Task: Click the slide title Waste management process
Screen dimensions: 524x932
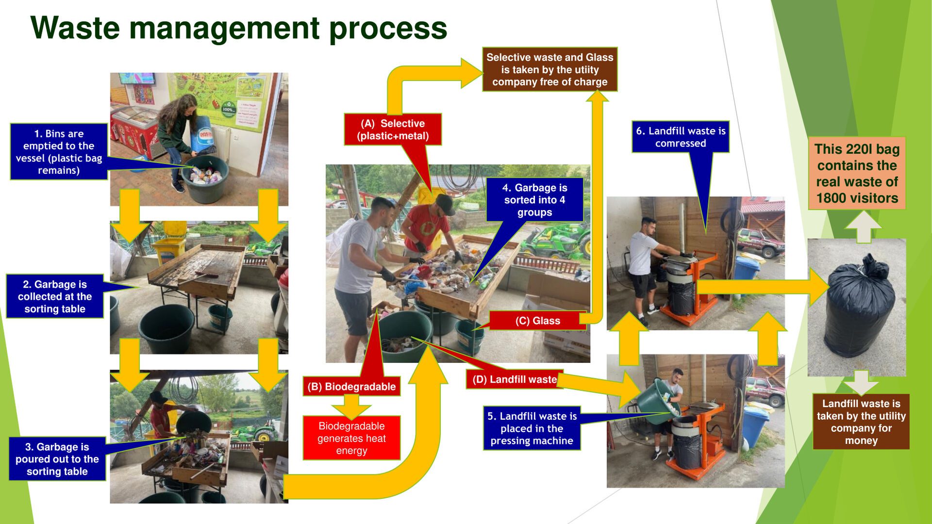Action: pyautogui.click(x=238, y=28)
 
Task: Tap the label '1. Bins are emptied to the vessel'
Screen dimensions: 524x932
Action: pyautogui.click(x=59, y=152)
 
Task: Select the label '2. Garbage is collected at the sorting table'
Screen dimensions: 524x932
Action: pyautogui.click(x=55, y=296)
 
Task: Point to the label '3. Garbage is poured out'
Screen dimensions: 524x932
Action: pyautogui.click(x=57, y=459)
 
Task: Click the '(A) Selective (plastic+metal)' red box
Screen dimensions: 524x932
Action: pyautogui.click(x=393, y=130)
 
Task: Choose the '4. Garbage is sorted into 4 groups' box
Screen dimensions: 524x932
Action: pyautogui.click(x=534, y=200)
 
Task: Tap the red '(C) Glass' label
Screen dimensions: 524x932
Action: pyautogui.click(x=537, y=321)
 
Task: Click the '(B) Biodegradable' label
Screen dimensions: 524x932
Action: pyautogui.click(x=351, y=387)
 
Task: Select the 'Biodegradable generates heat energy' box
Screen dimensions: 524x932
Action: pyautogui.click(x=351, y=438)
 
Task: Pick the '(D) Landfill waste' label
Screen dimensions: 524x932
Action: pyautogui.click(x=515, y=379)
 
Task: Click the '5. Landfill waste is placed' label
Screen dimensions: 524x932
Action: pyautogui.click(x=532, y=428)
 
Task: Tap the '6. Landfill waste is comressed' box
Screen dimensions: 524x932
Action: pyautogui.click(x=681, y=137)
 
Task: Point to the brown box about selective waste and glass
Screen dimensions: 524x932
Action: pyautogui.click(x=549, y=69)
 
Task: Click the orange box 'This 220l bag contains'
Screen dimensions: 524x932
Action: pyautogui.click(x=857, y=173)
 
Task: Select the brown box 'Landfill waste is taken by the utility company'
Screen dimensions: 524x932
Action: pyautogui.click(x=861, y=422)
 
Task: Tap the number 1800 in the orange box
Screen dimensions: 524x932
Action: pyautogui.click(x=832, y=198)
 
